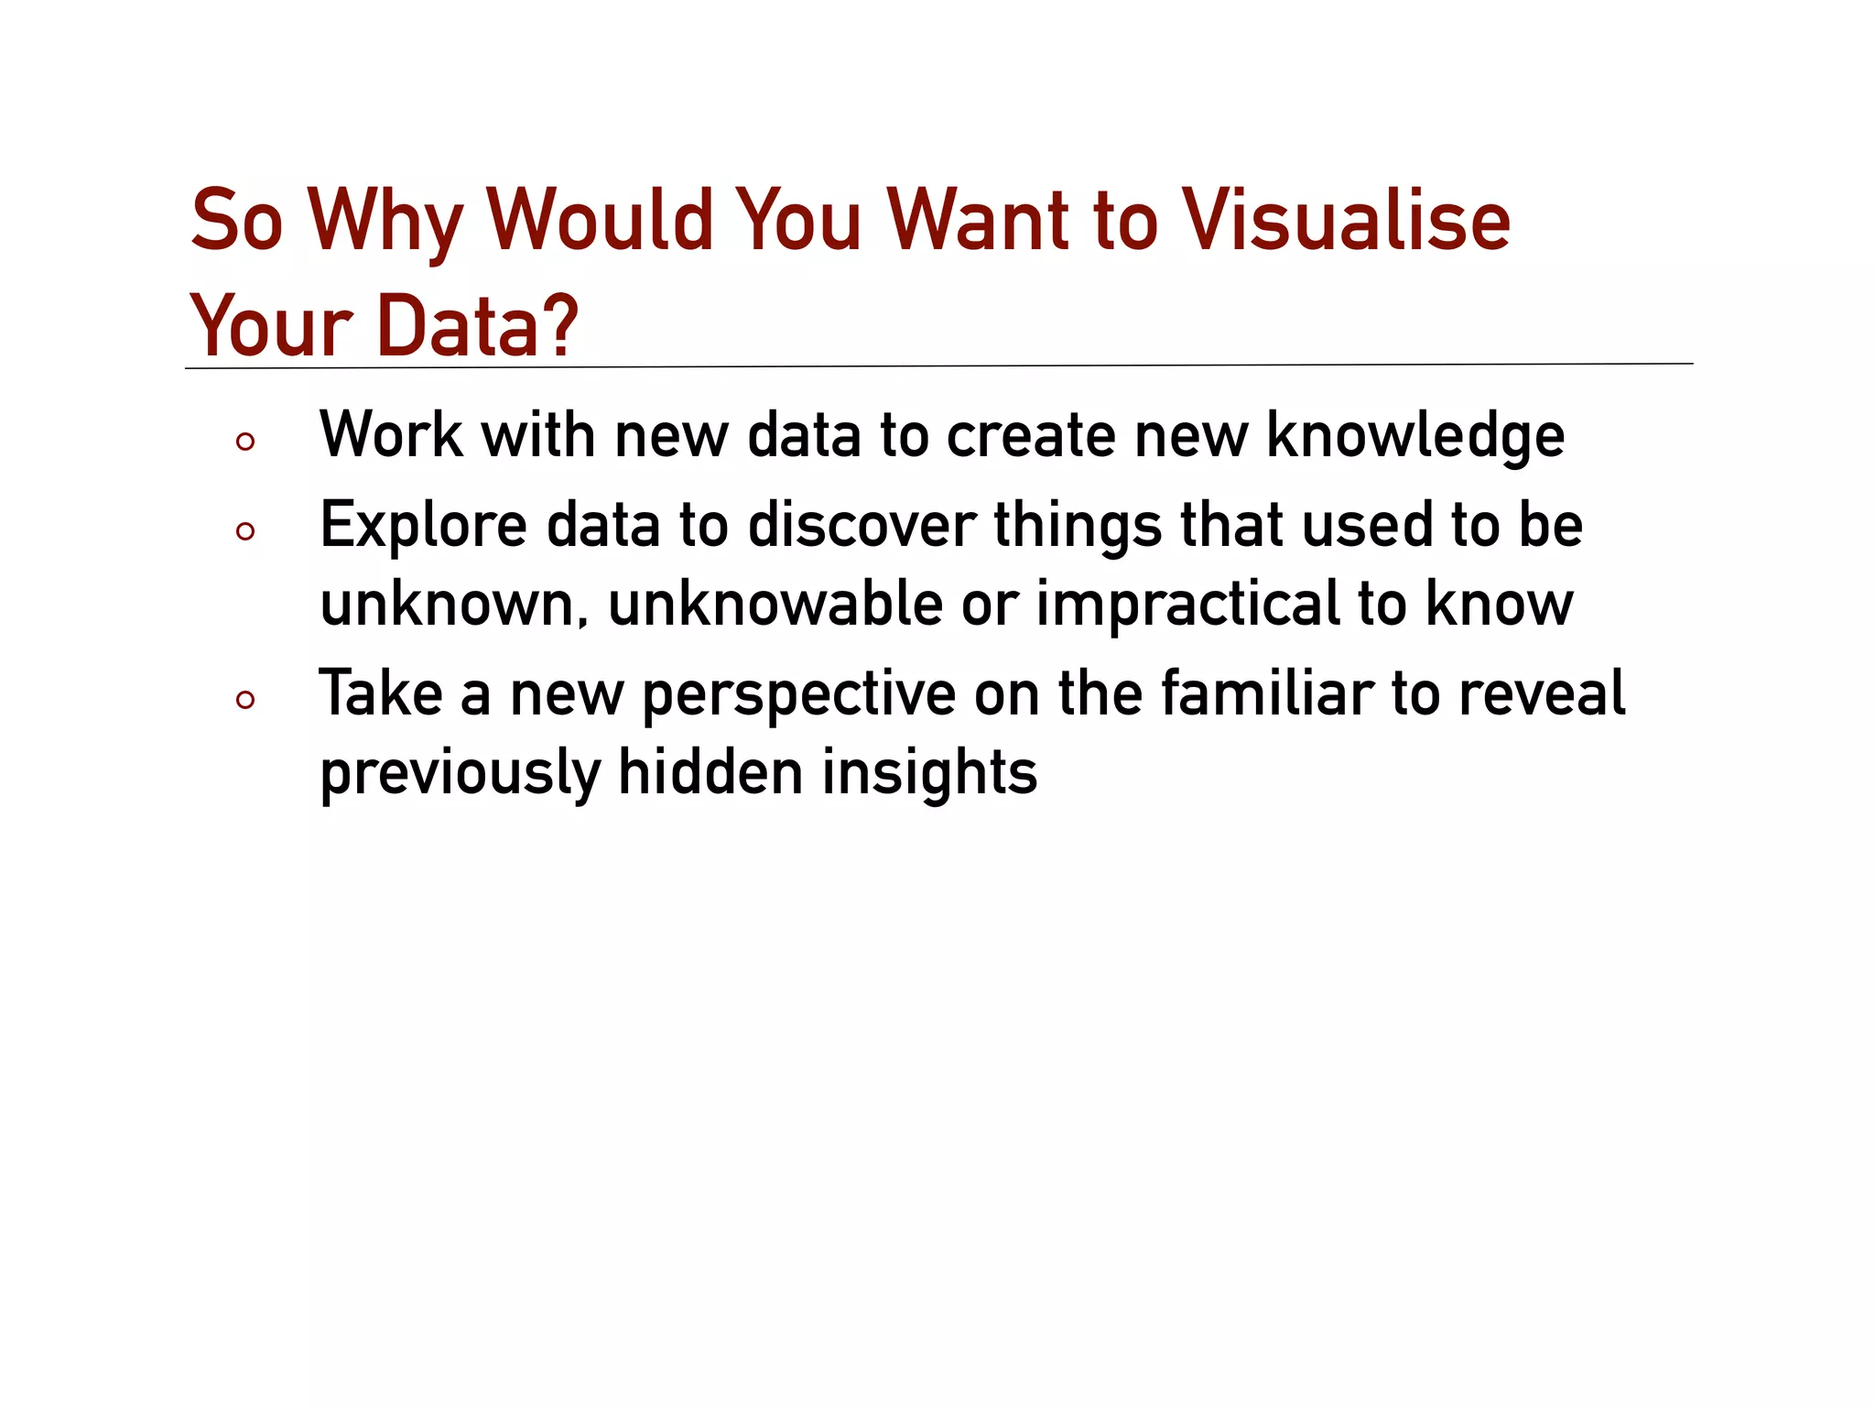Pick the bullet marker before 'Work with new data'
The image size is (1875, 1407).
point(244,442)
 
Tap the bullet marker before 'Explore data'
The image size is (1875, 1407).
point(244,531)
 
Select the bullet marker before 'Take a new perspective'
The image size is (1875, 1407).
point(244,701)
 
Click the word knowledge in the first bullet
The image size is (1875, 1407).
point(1415,436)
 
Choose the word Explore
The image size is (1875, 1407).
point(423,527)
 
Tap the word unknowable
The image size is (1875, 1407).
point(775,604)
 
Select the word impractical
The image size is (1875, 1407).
point(1187,605)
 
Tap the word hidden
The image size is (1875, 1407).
point(710,771)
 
